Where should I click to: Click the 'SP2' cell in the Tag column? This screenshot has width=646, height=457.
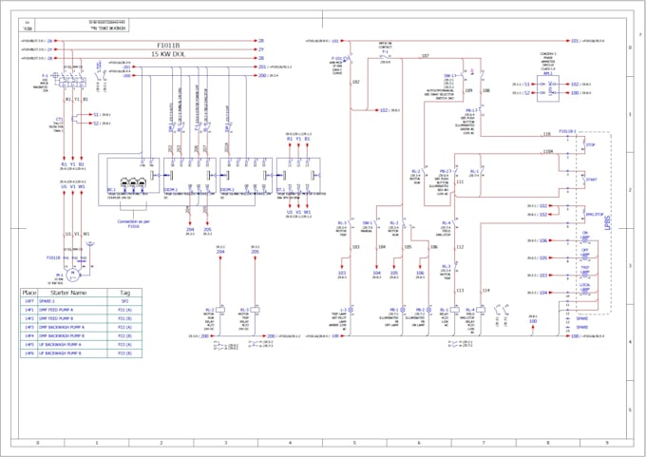123,301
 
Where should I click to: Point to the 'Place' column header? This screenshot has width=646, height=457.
28,293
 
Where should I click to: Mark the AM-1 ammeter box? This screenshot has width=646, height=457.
550,87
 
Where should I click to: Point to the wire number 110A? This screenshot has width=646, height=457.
547,151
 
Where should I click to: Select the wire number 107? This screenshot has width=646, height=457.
424,57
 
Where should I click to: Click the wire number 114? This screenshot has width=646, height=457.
486,290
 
